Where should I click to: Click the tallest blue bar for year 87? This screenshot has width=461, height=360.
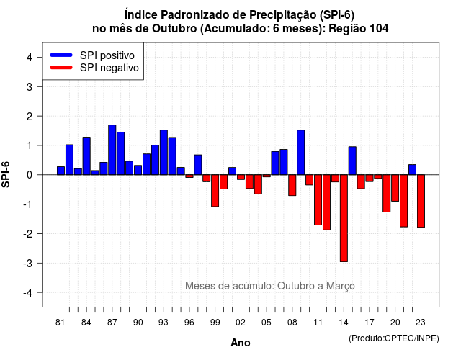click(x=112, y=150)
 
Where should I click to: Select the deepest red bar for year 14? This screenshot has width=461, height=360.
click(x=344, y=218)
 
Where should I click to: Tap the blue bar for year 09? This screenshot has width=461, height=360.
click(x=301, y=152)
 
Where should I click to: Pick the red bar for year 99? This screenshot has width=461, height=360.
click(x=215, y=190)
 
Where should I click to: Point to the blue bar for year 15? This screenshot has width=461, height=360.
click(x=352, y=161)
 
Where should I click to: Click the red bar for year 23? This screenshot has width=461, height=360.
click(x=421, y=201)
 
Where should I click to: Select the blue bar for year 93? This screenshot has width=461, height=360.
click(x=164, y=152)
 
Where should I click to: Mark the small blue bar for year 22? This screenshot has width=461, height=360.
click(x=413, y=170)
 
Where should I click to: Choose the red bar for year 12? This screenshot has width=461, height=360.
click(x=326, y=202)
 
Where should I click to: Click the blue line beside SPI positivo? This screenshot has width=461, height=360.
click(x=61, y=55)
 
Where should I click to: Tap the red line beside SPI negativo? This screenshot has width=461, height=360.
click(x=61, y=67)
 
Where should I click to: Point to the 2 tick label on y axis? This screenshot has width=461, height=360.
click(x=30, y=117)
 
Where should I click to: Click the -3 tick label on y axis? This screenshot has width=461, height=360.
click(x=27, y=263)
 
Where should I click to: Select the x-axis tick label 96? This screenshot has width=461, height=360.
click(x=189, y=323)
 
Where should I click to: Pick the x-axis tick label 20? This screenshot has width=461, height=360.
click(x=395, y=323)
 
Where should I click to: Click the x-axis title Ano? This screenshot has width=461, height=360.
click(x=241, y=343)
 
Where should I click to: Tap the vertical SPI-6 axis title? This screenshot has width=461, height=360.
click(x=6, y=174)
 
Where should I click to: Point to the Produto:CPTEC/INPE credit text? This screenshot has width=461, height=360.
click(x=394, y=338)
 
